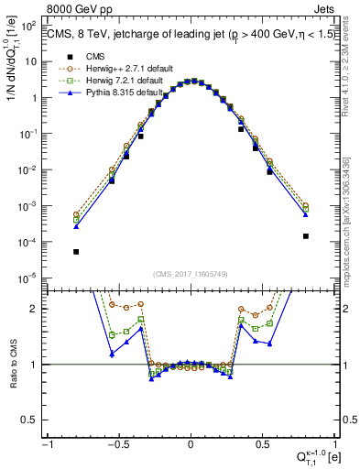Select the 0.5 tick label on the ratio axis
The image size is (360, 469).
click(x=36, y=420)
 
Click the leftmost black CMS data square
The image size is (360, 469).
click(x=76, y=252)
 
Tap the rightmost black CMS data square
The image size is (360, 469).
click(x=305, y=236)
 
